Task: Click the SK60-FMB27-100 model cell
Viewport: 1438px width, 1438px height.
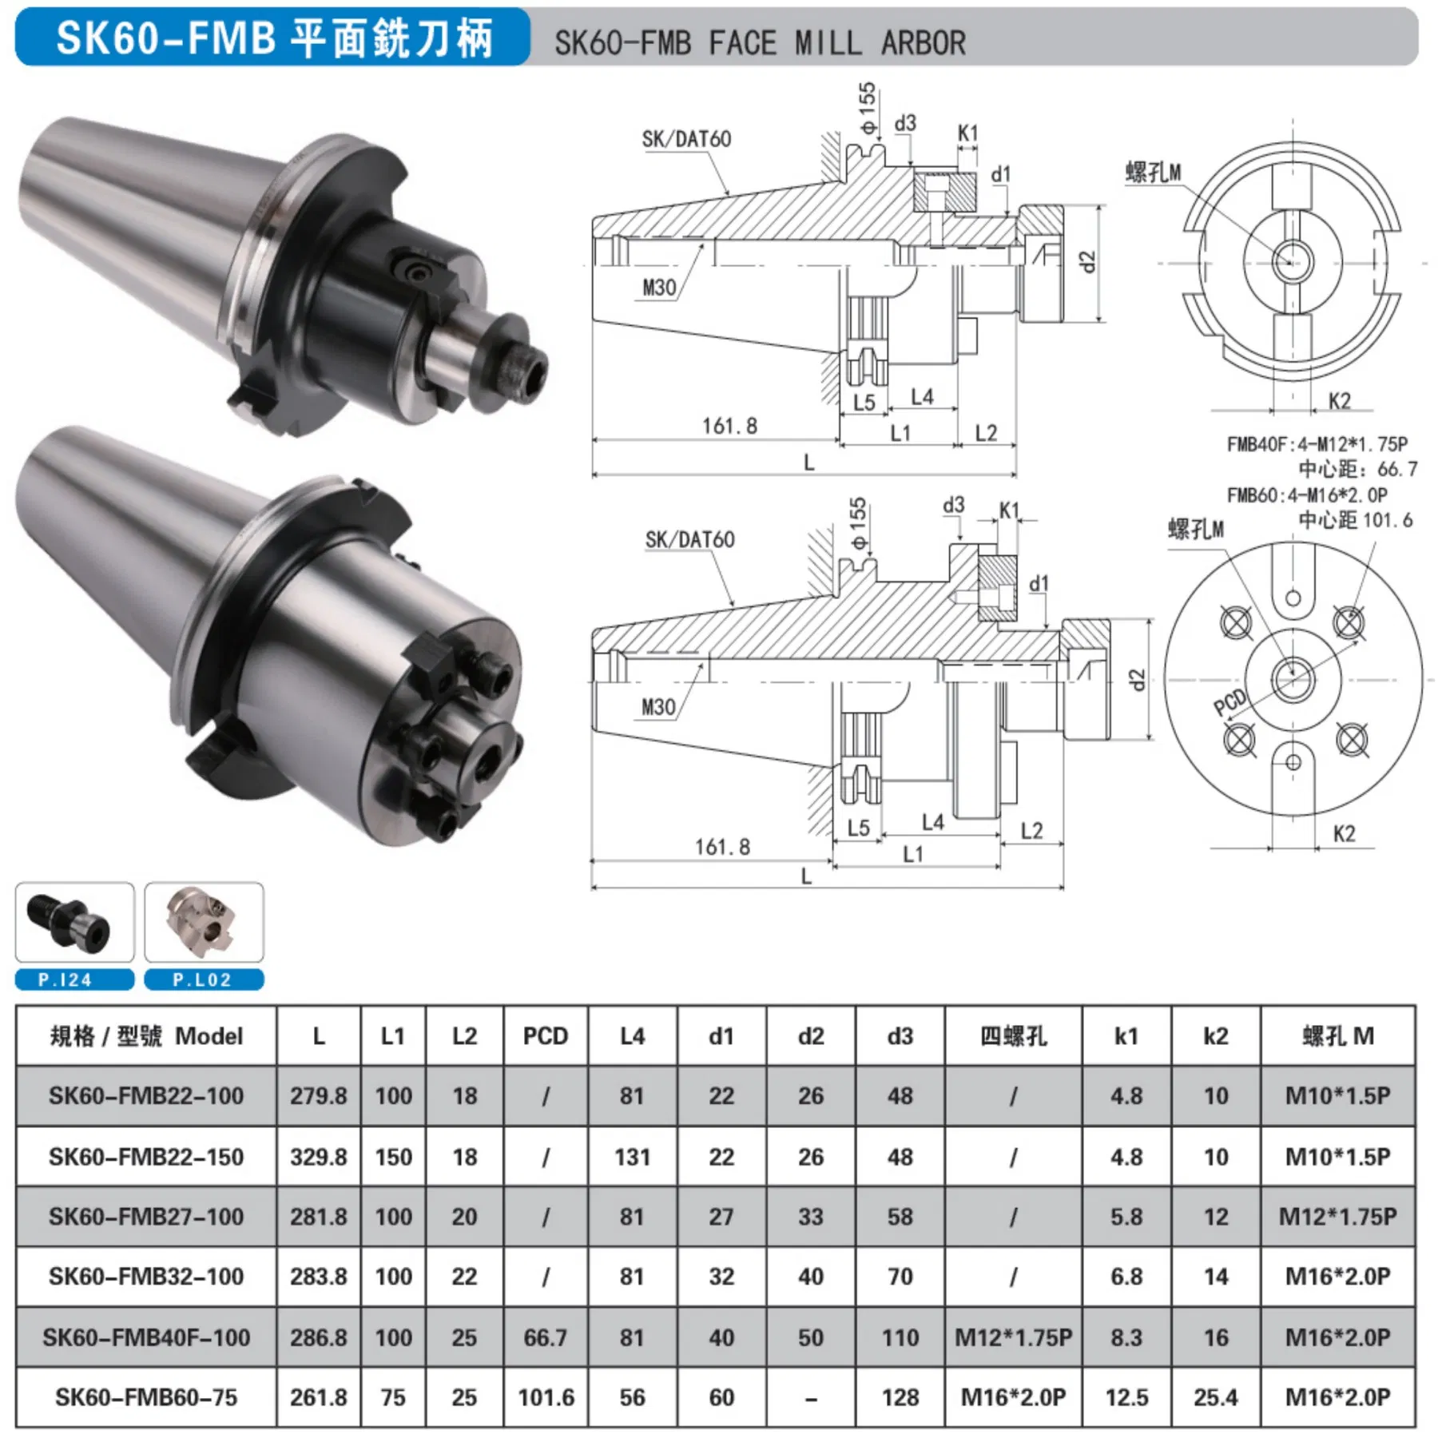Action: pyautogui.click(x=145, y=1217)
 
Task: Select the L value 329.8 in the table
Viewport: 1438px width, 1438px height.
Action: pyautogui.click(x=318, y=1157)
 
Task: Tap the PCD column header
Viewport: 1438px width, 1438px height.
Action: pyautogui.click(x=545, y=1036)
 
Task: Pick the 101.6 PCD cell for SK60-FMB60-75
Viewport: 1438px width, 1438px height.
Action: pyautogui.click(x=546, y=1397)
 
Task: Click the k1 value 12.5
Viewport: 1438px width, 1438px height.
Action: pyautogui.click(x=1126, y=1397)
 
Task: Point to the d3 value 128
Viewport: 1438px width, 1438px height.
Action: pyautogui.click(x=900, y=1397)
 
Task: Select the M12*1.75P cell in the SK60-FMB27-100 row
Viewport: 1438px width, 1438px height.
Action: pyautogui.click(x=1337, y=1217)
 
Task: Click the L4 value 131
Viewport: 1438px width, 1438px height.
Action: pyautogui.click(x=632, y=1157)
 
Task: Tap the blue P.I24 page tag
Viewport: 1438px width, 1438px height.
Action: pyautogui.click(x=74, y=979)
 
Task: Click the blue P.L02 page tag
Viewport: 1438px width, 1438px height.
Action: pyautogui.click(x=204, y=979)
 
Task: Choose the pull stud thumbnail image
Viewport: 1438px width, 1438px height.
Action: pyautogui.click(x=74, y=923)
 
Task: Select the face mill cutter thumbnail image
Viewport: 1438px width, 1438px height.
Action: pyautogui.click(x=204, y=923)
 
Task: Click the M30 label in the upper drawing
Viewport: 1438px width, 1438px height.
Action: pyautogui.click(x=659, y=288)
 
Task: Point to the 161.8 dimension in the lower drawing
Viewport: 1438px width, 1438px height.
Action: pyautogui.click(x=722, y=847)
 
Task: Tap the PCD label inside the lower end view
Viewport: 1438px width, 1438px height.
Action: pyautogui.click(x=1230, y=702)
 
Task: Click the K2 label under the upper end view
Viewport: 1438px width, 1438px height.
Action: pyautogui.click(x=1339, y=401)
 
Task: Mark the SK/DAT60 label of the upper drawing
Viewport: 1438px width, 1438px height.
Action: pyautogui.click(x=686, y=140)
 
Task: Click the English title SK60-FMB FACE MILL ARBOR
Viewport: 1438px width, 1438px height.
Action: pyautogui.click(x=760, y=43)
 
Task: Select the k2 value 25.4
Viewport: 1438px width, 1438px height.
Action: pyautogui.click(x=1215, y=1397)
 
